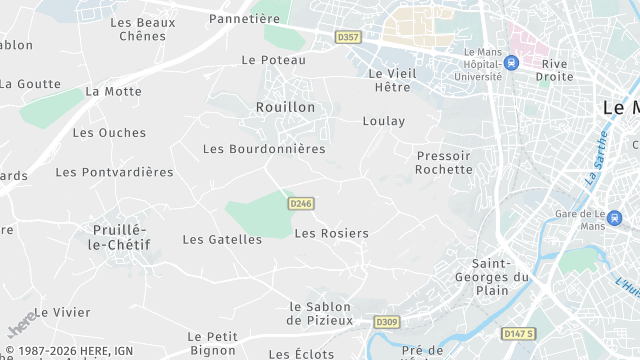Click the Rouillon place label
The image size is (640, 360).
[x=285, y=107]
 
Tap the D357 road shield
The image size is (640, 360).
[x=348, y=37]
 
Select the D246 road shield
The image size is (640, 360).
[x=301, y=203]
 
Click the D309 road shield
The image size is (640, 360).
[x=387, y=322]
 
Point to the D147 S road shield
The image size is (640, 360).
[x=518, y=333]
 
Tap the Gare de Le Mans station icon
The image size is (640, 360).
[x=614, y=217]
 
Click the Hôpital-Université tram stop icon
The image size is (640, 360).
[x=512, y=62]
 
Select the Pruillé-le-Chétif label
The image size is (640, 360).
[x=120, y=237]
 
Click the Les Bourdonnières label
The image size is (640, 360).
[x=264, y=149]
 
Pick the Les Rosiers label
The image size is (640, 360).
[x=332, y=233]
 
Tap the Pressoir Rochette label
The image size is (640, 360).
[x=444, y=162]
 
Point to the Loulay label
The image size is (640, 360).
[x=384, y=121]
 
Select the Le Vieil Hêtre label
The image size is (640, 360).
[x=391, y=80]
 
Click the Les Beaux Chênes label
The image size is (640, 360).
[x=142, y=29]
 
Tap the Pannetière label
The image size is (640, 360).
[x=244, y=18]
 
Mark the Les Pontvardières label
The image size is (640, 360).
[x=114, y=172]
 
